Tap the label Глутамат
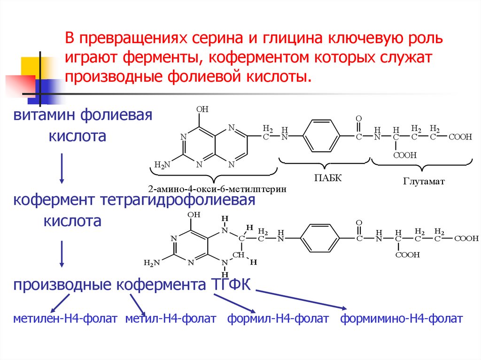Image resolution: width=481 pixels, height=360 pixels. point(423,181)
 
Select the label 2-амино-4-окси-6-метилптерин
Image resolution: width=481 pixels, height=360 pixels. point(217,189)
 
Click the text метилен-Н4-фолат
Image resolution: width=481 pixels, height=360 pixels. point(65,319)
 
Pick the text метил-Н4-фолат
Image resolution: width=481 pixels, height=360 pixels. point(171,319)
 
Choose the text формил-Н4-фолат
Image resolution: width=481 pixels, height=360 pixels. point(278,319)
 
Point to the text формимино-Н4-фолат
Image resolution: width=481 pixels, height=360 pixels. point(402,319)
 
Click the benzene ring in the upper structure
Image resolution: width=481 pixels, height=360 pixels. point(321,137)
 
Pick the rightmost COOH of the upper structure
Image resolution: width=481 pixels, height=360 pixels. point(460,137)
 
